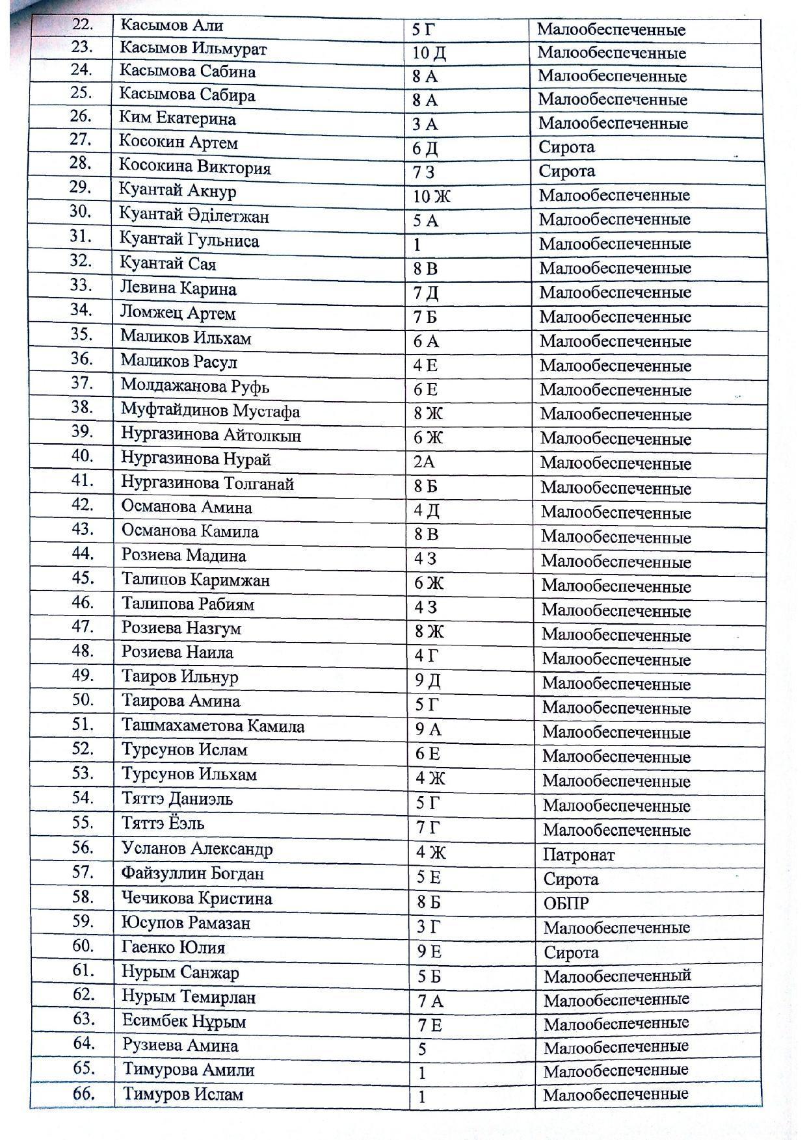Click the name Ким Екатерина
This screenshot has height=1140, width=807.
[177, 119]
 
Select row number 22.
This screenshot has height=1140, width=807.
[83, 25]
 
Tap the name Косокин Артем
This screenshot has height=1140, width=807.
[178, 142]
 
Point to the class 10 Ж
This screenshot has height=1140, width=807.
[432, 196]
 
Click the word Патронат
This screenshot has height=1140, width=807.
[578, 855]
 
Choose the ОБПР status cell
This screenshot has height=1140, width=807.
[566, 903]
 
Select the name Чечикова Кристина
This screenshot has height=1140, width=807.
[196, 898]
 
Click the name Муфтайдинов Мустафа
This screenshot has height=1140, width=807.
[210, 411]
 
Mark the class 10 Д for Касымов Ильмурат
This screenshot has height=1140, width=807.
[429, 53]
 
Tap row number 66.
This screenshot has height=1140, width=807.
[83, 1093]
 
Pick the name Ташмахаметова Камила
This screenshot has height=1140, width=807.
[213, 725]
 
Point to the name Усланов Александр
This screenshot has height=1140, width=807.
[196, 849]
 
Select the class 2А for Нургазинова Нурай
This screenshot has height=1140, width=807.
[424, 462]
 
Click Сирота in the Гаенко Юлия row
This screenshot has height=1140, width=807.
[570, 952]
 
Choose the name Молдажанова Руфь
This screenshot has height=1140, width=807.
[194, 387]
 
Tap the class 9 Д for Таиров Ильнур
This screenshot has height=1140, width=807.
[427, 681]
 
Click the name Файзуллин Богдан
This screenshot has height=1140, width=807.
[192, 874]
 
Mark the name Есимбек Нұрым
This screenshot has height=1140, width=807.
[184, 1021]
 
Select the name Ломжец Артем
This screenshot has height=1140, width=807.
[178, 313]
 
